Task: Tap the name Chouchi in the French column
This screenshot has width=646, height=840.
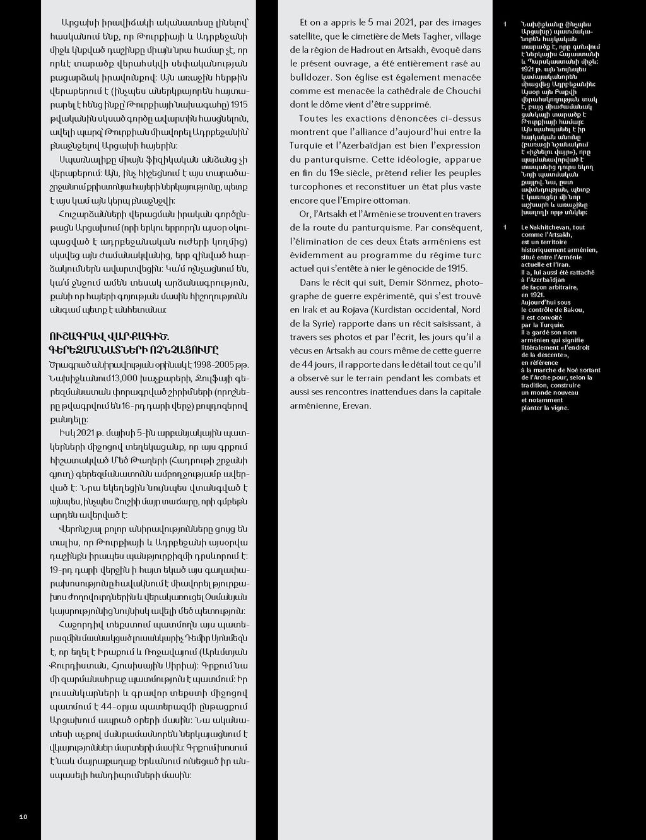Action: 463,91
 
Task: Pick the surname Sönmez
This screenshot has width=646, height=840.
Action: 432,282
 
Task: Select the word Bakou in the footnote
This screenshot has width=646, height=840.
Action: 573,310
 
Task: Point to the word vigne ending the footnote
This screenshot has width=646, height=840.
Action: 558,408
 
